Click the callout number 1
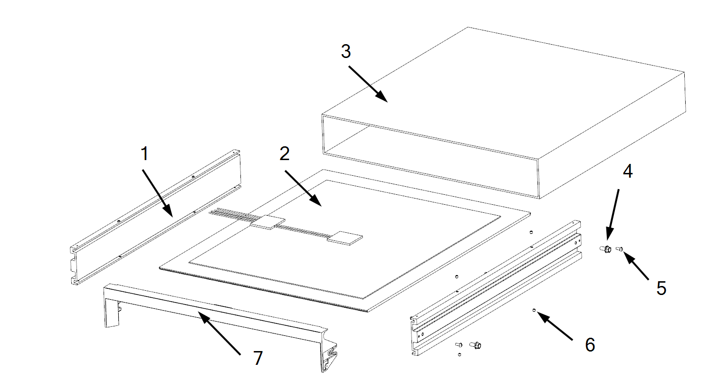coord(144,154)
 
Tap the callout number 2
coord(284,153)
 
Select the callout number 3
coord(345,51)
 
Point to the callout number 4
coord(628,171)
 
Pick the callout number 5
coord(661,288)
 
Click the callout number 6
coord(590,344)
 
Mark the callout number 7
coord(258,358)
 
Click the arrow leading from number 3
coord(368,83)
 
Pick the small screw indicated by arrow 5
coord(619,248)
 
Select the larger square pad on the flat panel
coord(268,222)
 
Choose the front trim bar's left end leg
coord(111,309)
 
